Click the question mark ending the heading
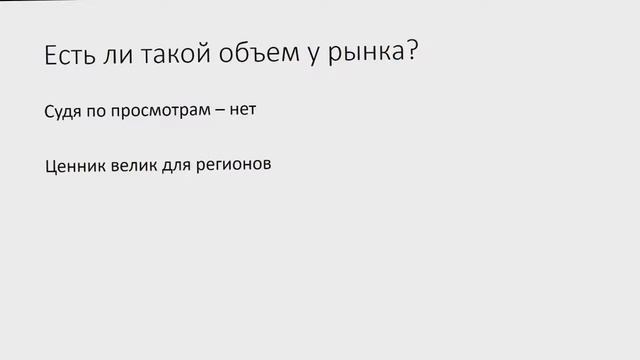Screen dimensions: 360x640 coord(410,54)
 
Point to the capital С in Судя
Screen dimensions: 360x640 coord(50,110)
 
